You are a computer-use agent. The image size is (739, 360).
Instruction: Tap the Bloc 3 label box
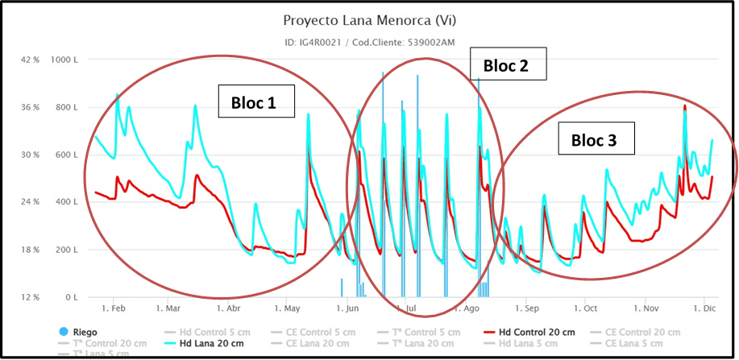[x=594, y=139]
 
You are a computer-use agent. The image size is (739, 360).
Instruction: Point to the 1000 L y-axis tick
[x=63, y=60]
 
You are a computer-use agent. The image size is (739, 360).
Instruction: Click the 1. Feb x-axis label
[x=113, y=308]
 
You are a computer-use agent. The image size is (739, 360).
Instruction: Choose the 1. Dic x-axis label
[x=704, y=308]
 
